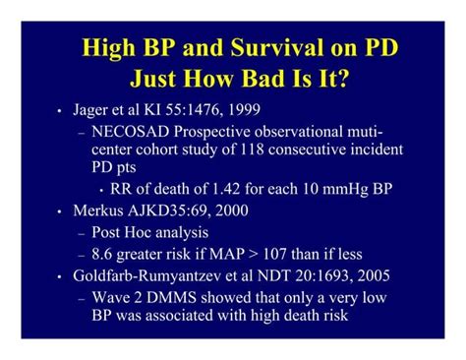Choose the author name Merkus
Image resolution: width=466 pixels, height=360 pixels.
[x=101, y=210]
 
